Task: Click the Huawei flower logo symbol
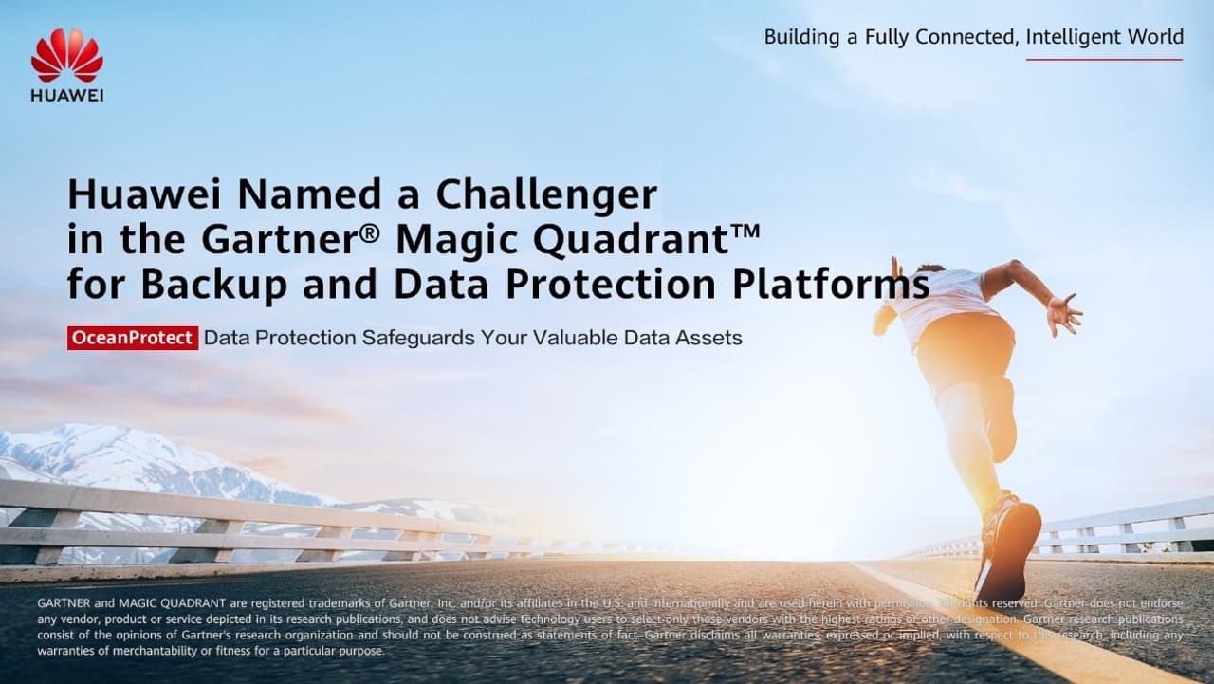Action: [x=66, y=55]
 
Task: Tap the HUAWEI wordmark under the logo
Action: [x=66, y=95]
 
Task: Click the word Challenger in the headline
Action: [x=546, y=195]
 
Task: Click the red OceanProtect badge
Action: [x=133, y=338]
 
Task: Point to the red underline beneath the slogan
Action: [x=1104, y=60]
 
